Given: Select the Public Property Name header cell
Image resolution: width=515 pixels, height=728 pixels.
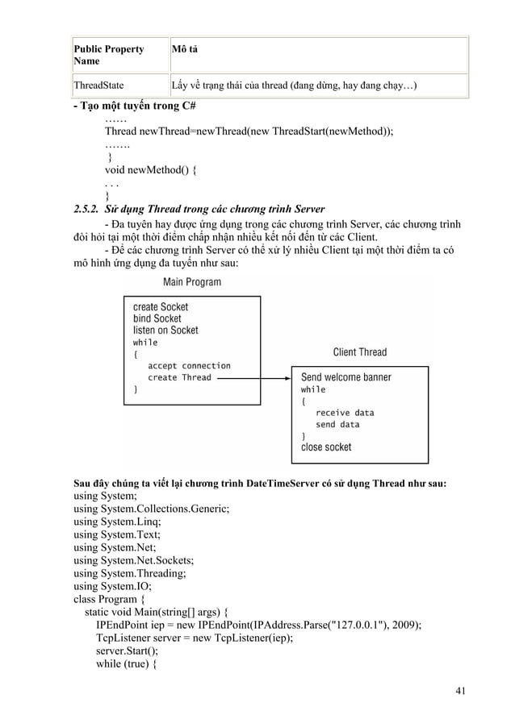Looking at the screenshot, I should point(109,55).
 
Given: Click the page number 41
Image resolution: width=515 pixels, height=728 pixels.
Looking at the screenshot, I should point(461,689).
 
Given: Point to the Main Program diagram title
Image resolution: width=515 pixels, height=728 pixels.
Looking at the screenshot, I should point(192,282).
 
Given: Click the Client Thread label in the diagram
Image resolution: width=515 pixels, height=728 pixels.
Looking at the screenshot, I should point(360,352).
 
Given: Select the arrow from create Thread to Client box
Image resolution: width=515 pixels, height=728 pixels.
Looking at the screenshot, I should point(255,377).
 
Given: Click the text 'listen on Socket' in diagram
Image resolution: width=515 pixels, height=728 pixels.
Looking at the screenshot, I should point(165,331).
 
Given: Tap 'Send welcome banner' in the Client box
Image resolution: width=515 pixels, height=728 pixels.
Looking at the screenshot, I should point(346,377).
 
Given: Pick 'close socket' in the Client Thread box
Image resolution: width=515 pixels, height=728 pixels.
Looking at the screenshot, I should point(326,447).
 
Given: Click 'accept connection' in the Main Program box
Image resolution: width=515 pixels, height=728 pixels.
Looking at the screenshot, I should point(190,365).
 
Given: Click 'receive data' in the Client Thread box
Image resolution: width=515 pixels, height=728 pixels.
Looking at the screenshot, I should point(345,413).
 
